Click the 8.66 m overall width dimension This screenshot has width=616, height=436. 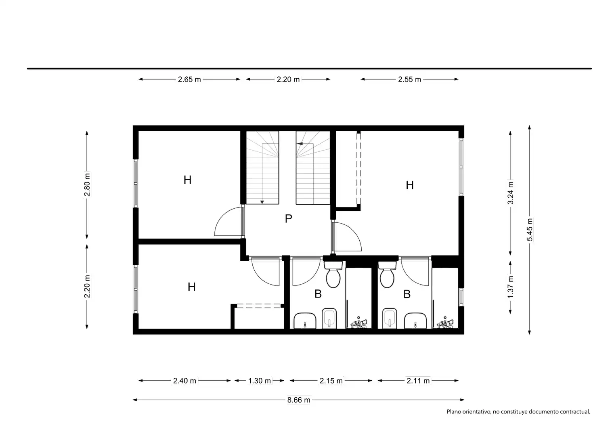click(299, 400)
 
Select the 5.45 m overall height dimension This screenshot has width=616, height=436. click(529, 230)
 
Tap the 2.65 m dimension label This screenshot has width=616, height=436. click(189, 79)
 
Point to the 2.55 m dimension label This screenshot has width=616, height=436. click(409, 79)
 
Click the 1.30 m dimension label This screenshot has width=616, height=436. click(259, 381)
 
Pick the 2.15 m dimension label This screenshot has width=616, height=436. click(331, 381)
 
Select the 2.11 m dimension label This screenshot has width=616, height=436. click(418, 381)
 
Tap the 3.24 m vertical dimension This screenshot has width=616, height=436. click(510, 193)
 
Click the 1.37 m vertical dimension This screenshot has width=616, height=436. click(510, 287)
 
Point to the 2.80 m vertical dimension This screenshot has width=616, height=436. click(87, 184)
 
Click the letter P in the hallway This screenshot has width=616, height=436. click(289, 219)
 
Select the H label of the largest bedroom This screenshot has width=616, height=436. click(410, 185)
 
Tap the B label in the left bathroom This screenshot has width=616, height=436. click(318, 294)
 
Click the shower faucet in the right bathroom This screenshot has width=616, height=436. click(445, 323)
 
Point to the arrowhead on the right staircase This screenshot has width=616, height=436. click(300, 144)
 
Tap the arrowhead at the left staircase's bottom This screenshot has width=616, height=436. click(262, 202)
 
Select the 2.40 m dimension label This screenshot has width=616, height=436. click(184, 381)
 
